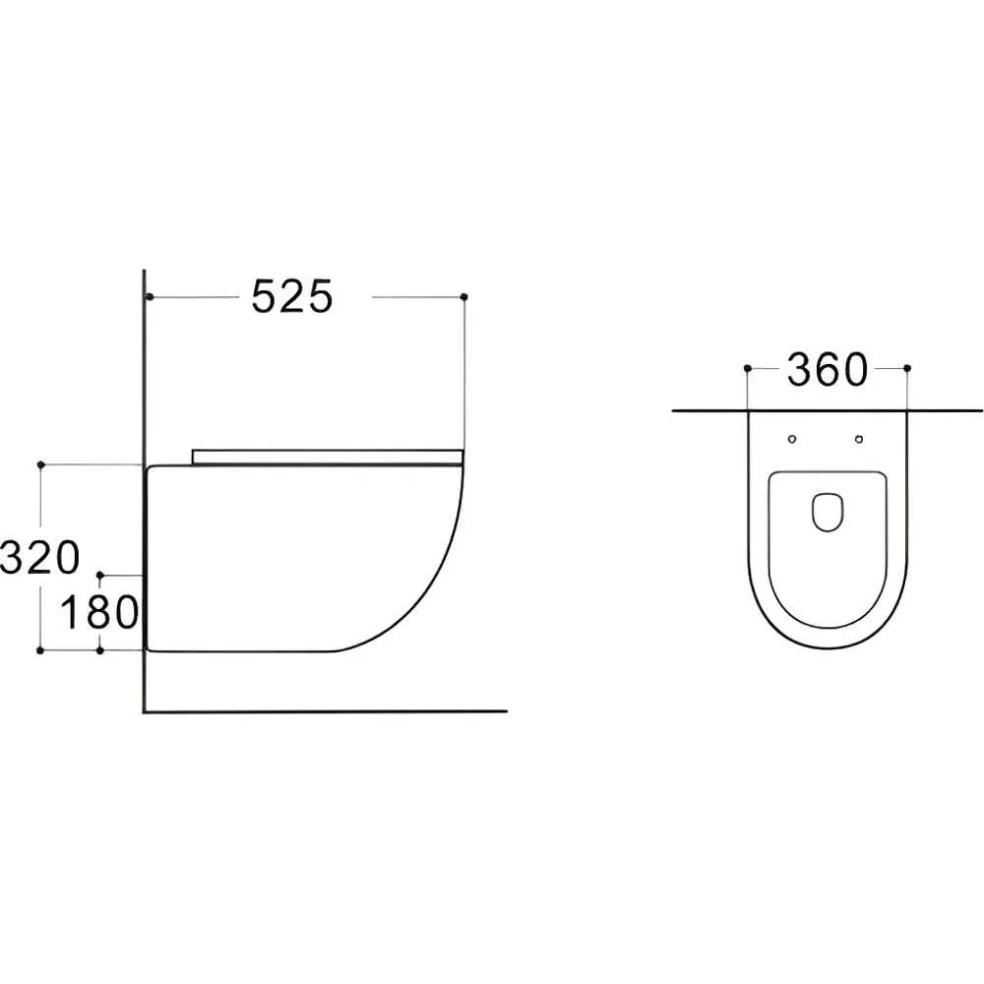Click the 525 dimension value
coord(292,296)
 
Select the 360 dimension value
coord(827,370)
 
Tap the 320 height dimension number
coord(40,558)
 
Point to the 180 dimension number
coord(98,613)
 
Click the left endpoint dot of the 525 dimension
coord(148,296)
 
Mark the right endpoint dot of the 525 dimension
coord(463,296)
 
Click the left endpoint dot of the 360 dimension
coord(748,368)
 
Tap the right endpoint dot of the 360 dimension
coord(906,368)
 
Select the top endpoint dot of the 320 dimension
coord(40,463)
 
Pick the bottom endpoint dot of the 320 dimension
coord(40,650)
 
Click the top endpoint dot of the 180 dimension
coord(100,574)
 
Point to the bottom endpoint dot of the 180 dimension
coord(100,650)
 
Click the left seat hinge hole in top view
coord(793,438)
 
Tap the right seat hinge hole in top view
coord(860,438)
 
